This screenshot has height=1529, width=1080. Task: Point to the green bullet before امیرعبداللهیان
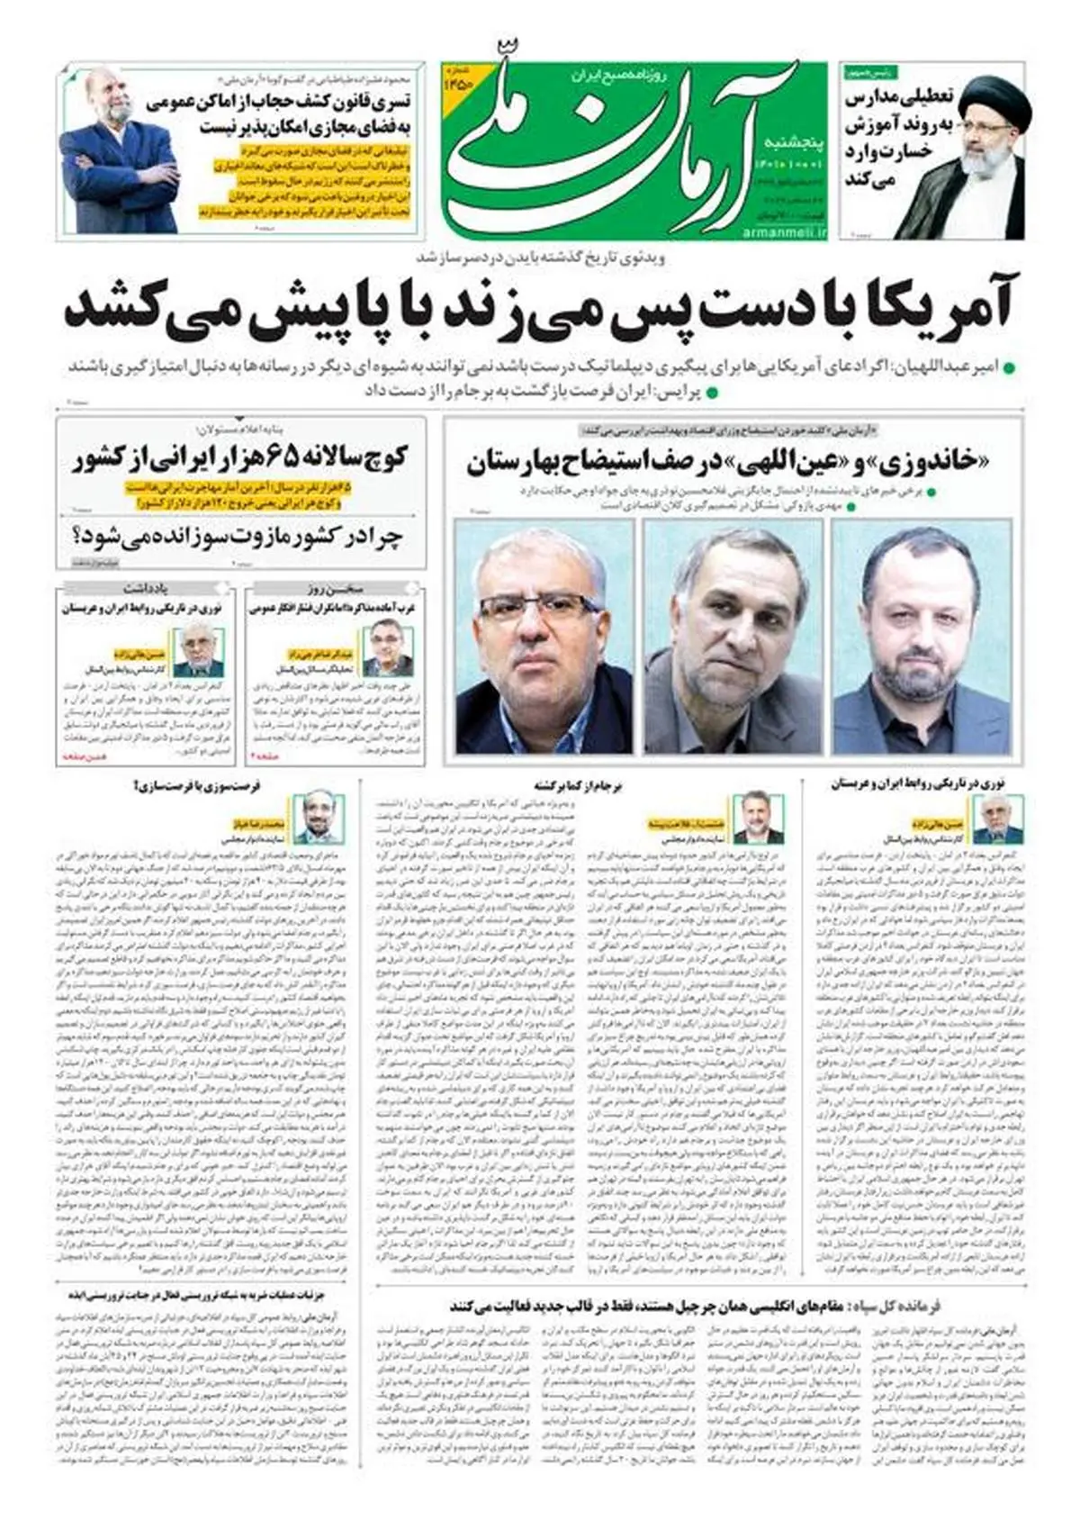tap(1008, 368)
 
